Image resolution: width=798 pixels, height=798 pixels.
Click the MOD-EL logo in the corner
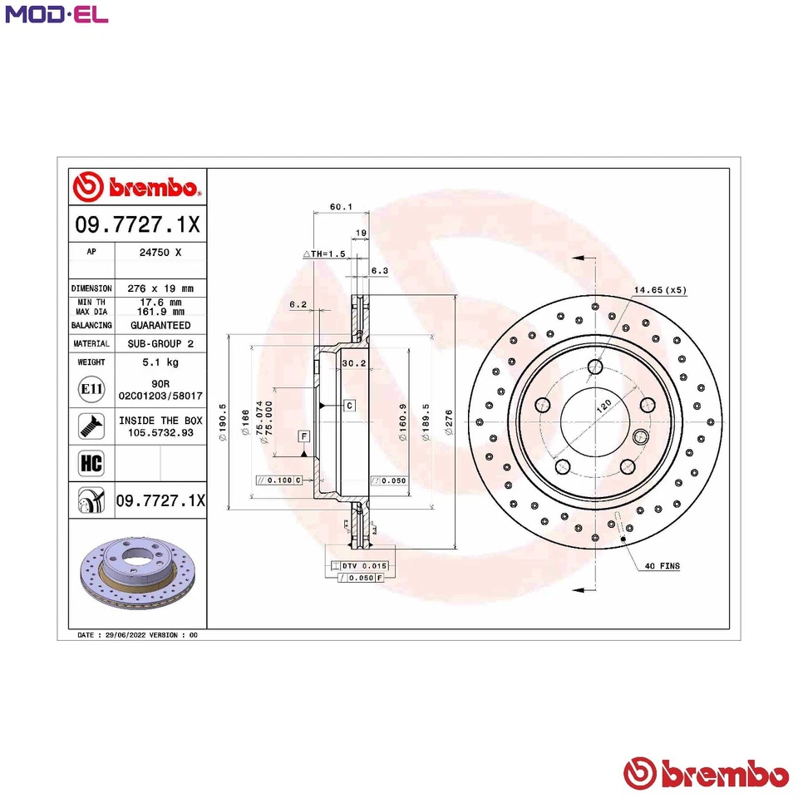(x=57, y=14)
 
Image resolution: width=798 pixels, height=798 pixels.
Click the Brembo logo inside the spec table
(x=136, y=187)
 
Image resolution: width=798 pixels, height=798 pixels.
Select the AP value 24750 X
(x=159, y=249)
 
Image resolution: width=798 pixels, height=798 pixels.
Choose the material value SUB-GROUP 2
(x=160, y=343)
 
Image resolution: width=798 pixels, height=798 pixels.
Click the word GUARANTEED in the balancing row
(x=160, y=325)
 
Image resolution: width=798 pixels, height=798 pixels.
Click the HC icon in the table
(x=90, y=463)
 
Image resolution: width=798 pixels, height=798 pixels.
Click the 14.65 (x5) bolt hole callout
(x=660, y=290)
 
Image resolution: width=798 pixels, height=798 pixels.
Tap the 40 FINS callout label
(x=662, y=566)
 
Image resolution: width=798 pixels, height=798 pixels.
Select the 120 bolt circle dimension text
(x=604, y=405)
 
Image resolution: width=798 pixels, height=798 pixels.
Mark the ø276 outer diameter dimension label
(x=449, y=419)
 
